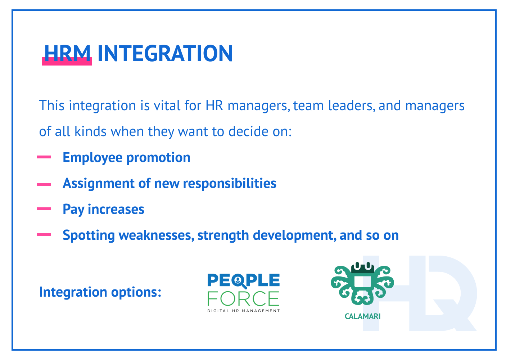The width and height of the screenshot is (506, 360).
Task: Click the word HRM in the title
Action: (x=67, y=54)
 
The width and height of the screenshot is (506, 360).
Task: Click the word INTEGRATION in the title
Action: (x=165, y=54)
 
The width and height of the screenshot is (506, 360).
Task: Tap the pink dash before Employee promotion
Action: (x=44, y=157)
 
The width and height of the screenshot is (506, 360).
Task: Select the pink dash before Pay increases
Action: (x=44, y=209)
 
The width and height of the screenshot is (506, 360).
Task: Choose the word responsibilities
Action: (x=230, y=184)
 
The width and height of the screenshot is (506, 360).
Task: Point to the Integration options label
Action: (x=100, y=292)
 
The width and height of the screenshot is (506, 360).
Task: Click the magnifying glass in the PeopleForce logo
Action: (x=239, y=281)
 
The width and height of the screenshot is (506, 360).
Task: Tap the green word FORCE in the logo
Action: (x=243, y=298)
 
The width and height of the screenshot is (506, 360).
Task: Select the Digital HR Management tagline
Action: (x=243, y=311)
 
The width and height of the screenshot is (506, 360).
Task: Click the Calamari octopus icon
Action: (x=362, y=284)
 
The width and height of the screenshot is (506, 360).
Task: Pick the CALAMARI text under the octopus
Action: (x=362, y=316)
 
